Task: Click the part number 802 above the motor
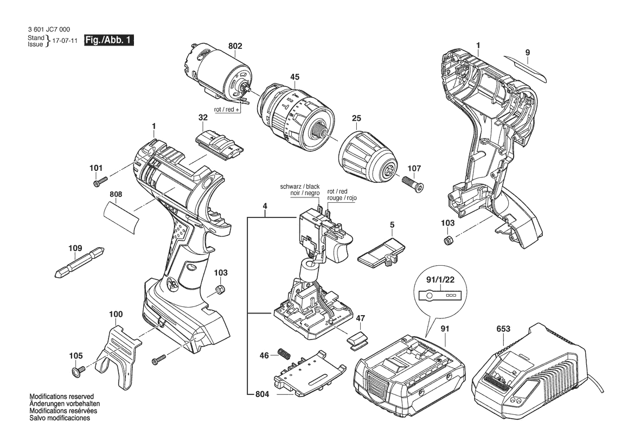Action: [235, 46]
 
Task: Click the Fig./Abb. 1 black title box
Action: [109, 41]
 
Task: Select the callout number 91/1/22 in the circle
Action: [440, 279]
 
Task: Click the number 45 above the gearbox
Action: [294, 77]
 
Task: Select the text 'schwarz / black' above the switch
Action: [299, 187]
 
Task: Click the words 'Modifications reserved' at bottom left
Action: [61, 396]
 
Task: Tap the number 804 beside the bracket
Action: [262, 394]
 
